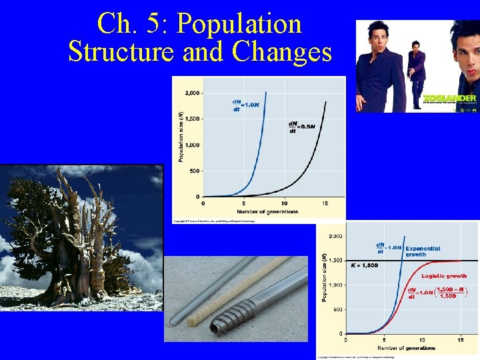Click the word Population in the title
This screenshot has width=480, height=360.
(x=241, y=25)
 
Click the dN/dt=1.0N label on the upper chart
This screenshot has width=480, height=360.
(x=245, y=105)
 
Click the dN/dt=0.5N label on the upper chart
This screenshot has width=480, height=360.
(x=301, y=125)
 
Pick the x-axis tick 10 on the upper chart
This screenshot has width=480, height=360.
(x=285, y=203)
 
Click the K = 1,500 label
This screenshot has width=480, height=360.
(x=365, y=265)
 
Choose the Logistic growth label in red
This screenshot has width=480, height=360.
(x=444, y=275)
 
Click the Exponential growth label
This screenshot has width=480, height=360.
(x=423, y=251)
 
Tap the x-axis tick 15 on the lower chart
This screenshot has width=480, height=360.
(x=460, y=340)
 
